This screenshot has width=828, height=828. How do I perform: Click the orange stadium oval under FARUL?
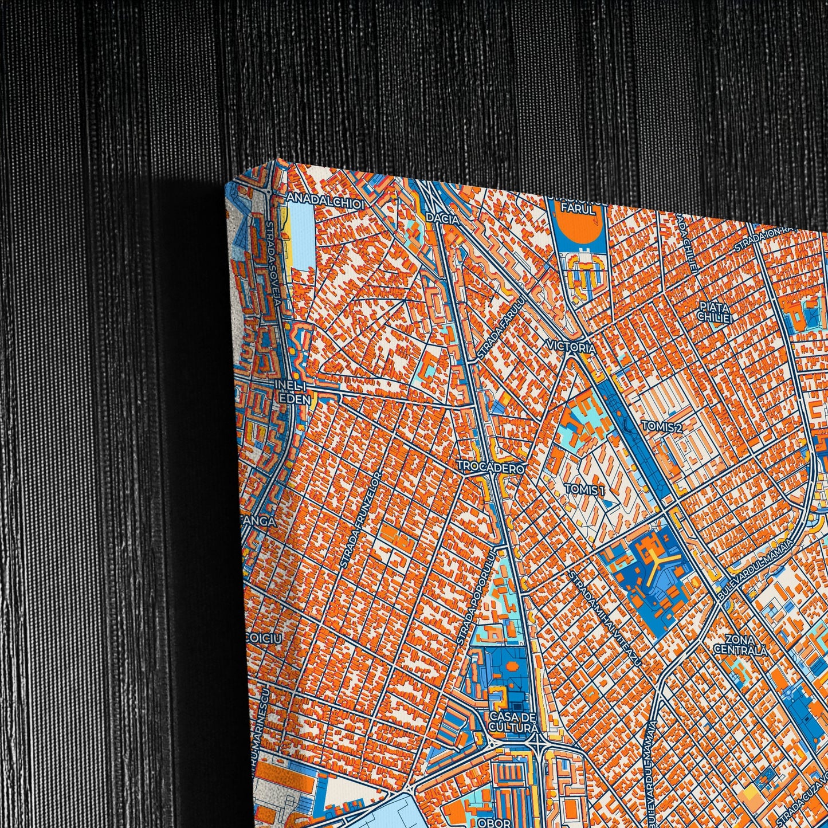pos(580,230)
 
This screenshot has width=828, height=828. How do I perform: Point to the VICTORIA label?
pos(571,346)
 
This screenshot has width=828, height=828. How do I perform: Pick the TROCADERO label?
pos(490,468)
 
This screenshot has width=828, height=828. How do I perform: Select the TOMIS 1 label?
pos(584,489)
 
